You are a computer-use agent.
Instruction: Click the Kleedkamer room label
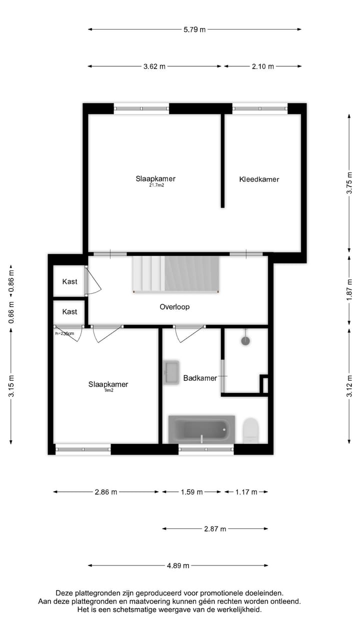point(259,179)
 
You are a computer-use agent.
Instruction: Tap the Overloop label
point(174,307)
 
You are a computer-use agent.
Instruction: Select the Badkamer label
point(200,378)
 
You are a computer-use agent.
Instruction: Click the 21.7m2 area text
point(156,185)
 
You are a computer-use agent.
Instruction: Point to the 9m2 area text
point(108,390)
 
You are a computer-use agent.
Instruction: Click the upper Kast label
point(70,281)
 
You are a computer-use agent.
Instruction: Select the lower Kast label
point(70,311)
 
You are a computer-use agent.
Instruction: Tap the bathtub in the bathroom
point(201,429)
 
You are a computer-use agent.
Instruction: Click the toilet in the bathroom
point(250,430)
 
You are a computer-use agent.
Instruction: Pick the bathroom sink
point(171,372)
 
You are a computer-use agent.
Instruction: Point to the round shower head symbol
point(245,341)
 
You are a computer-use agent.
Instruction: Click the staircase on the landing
point(176,274)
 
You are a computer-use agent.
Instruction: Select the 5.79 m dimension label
point(194,29)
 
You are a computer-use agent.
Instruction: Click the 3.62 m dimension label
point(154,66)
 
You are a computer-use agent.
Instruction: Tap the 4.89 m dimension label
point(178,565)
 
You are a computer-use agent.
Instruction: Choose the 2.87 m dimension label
point(215,528)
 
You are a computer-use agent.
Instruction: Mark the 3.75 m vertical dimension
point(349,183)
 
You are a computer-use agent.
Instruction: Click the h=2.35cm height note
point(64,333)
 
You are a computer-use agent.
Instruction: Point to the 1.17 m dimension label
point(246,492)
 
